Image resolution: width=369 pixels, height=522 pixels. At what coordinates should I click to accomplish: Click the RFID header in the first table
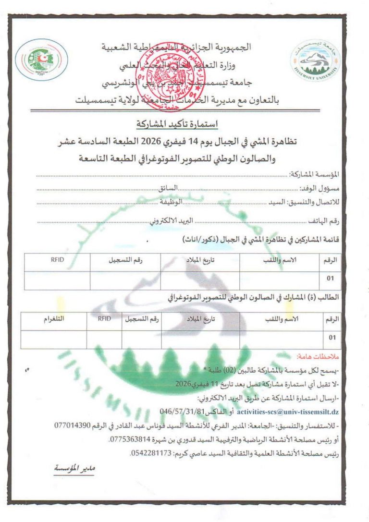57,260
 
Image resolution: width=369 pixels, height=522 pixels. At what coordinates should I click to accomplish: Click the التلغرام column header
54,318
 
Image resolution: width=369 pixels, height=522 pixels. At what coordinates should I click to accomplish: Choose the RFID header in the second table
104,318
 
